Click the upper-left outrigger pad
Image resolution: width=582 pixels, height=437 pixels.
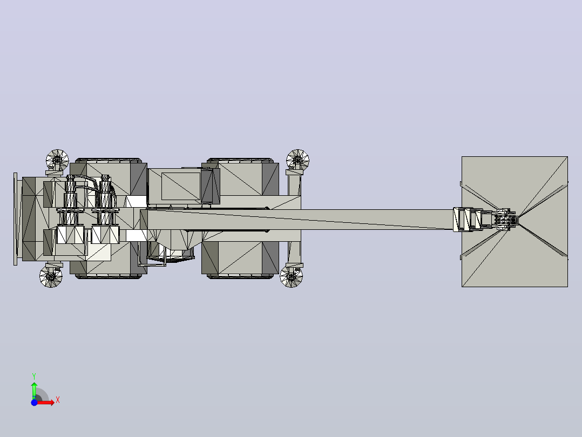(58, 161)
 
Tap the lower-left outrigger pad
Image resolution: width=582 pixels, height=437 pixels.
(51, 276)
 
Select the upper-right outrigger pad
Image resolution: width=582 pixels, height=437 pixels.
(297, 161)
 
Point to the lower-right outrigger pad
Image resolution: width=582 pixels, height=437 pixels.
(292, 276)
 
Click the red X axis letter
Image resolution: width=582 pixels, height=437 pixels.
(58, 400)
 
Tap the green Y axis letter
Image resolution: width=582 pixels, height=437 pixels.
(34, 376)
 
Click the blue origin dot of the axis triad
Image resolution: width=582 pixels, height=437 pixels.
(34, 402)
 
